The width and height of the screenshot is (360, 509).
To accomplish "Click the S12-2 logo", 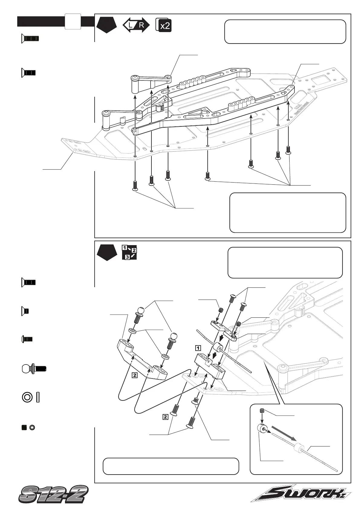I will [53, 494].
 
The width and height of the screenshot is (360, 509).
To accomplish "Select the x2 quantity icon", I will [164, 25].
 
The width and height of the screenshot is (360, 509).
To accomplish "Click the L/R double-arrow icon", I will [136, 25].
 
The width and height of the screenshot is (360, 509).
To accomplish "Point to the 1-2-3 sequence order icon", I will [129, 252].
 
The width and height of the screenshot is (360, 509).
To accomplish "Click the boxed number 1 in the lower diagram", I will [198, 347].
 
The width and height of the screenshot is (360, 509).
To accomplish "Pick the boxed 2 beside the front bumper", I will [135, 375].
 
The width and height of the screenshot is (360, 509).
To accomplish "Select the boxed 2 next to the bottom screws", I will [165, 417].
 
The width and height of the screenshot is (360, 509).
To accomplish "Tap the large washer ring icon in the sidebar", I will [27, 397].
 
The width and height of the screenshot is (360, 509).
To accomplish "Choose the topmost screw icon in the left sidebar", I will [30, 38].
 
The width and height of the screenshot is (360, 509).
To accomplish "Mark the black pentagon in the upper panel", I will [107, 25].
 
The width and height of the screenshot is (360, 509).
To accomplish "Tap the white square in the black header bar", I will [73, 21].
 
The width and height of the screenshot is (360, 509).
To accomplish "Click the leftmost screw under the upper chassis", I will [135, 185].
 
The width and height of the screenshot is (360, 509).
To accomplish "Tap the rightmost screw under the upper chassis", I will [288, 150].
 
